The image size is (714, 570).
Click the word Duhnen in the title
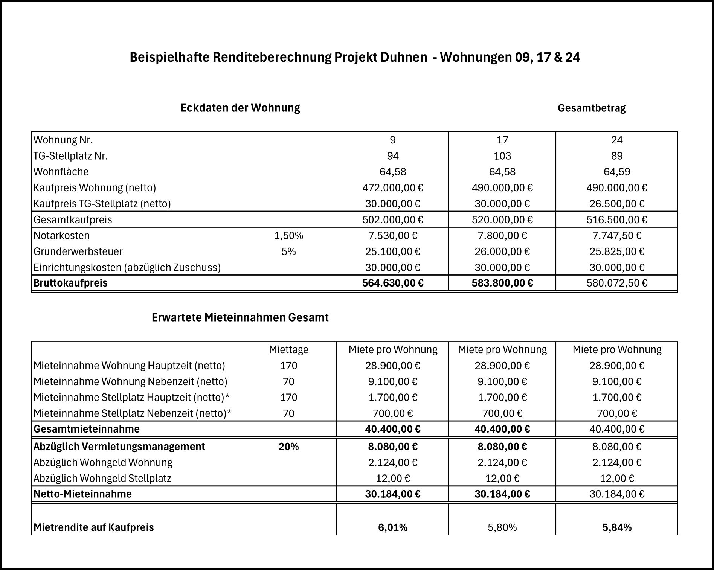pos(406,57)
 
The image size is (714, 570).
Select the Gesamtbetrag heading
pos(591,108)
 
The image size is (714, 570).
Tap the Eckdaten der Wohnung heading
pos(240,108)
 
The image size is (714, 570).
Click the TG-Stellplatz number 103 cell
pos(502,156)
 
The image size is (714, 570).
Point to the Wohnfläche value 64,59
pos(616,172)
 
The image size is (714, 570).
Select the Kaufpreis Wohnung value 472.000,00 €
pos(392,187)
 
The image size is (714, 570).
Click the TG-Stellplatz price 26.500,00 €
pos(616,204)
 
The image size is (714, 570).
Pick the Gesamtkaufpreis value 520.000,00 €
pos(502,219)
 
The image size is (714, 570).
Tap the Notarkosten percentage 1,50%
pos(288,236)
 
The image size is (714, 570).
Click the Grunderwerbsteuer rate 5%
pos(288,251)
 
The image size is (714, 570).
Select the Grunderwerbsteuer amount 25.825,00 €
pos(616,251)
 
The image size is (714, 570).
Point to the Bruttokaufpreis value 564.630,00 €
pos(392,283)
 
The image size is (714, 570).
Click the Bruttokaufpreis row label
pos(70,283)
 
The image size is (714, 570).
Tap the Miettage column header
pos(288,350)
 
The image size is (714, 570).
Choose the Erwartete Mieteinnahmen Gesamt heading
pos(240,317)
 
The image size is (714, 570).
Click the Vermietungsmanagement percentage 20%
pos(288,447)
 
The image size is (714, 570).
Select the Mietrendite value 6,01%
pos(392,527)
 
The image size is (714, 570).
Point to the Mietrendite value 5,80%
pos(502,527)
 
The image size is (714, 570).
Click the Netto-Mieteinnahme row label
pos(82,494)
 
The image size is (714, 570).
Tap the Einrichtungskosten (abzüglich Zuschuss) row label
pos(127,267)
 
